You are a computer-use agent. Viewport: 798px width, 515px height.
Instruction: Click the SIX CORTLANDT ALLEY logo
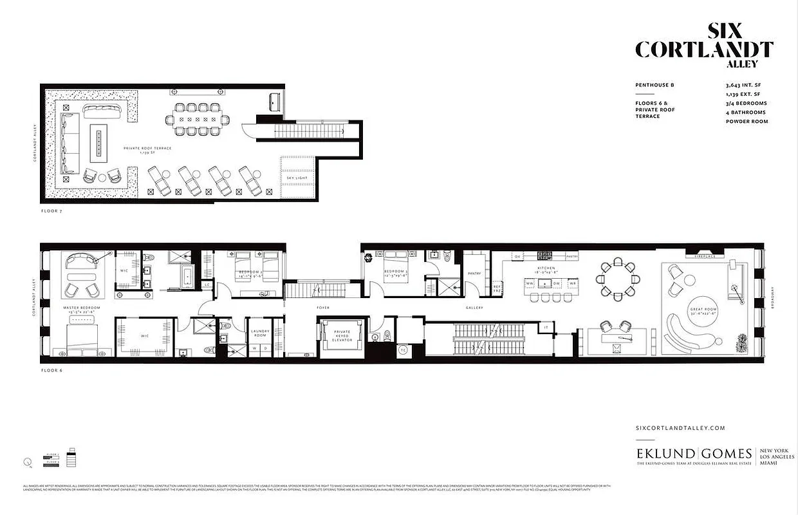point(704,46)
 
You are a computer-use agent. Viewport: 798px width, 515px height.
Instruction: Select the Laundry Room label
point(259,333)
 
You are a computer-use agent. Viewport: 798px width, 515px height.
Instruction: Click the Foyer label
point(323,308)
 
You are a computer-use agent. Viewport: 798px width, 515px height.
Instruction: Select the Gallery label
point(474,308)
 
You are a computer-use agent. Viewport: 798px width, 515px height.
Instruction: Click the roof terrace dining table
point(199,119)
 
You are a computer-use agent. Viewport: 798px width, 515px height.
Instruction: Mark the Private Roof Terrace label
point(148,149)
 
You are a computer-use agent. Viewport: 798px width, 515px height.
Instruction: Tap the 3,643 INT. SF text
point(742,85)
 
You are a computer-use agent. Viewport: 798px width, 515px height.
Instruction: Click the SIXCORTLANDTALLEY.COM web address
point(680,427)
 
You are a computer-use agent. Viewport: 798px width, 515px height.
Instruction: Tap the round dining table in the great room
point(618,279)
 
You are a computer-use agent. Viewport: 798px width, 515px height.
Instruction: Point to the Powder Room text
point(747,121)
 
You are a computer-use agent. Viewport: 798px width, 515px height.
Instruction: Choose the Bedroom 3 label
point(394,272)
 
